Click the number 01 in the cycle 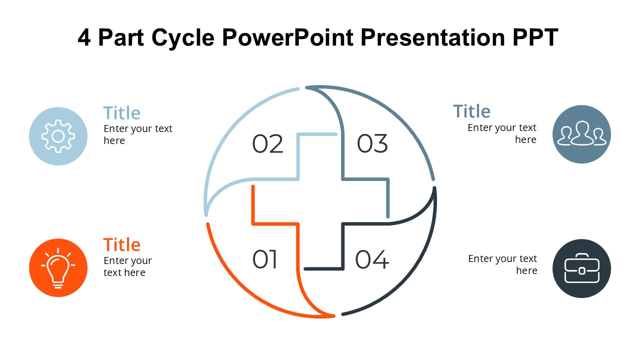(x=265, y=259)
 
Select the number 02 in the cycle (x=267, y=144)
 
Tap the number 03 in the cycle (x=372, y=144)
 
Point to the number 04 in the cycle (x=372, y=259)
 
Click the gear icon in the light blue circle (x=58, y=136)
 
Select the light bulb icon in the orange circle (x=58, y=268)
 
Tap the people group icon (x=582, y=134)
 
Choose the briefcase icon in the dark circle (x=582, y=268)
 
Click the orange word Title (x=121, y=245)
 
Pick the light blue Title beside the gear (x=121, y=113)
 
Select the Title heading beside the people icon (x=471, y=111)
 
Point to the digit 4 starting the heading (x=84, y=38)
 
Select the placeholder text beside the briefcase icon (x=502, y=264)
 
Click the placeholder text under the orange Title (x=127, y=266)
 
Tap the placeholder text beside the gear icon (x=137, y=134)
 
